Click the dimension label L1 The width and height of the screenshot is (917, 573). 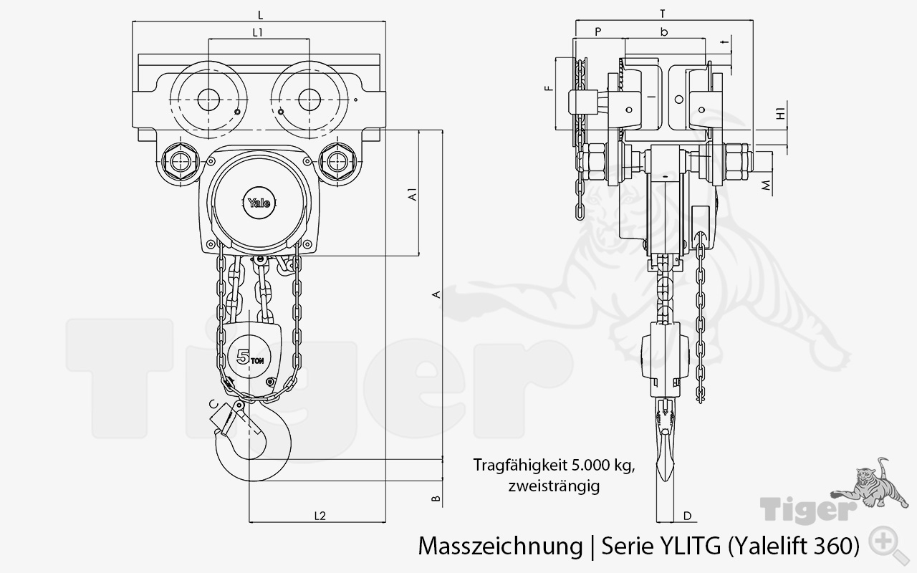259,32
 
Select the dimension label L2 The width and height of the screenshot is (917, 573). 320,515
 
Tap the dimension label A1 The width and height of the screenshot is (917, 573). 412,195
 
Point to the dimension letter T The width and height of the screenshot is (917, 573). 663,13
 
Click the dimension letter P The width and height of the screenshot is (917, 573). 597,32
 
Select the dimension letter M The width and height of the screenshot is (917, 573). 767,186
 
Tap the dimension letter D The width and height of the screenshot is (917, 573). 687,515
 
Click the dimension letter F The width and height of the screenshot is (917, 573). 549,89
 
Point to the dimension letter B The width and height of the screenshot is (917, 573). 435,499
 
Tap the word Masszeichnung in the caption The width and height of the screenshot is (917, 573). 499,546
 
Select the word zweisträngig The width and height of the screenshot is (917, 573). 553,486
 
